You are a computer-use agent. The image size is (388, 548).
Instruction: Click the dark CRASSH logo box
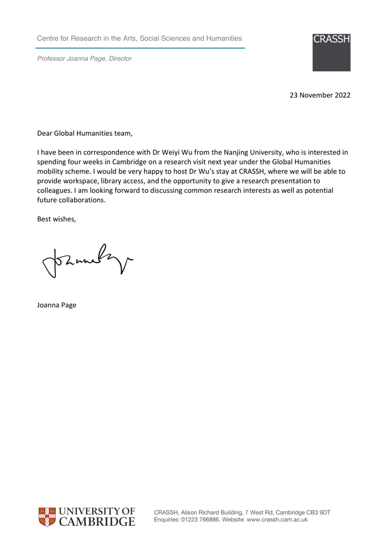[331, 52]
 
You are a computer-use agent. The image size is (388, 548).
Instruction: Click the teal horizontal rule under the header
[141, 48]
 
